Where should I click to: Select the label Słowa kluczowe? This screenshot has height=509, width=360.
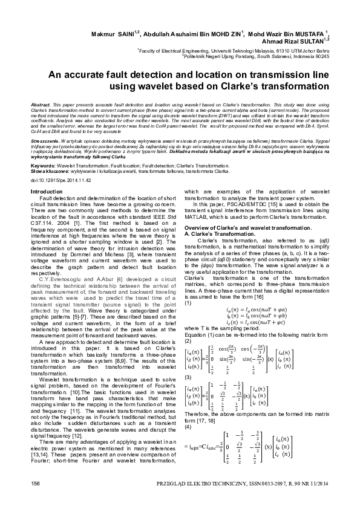pyautogui.click(x=47, y=170)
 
